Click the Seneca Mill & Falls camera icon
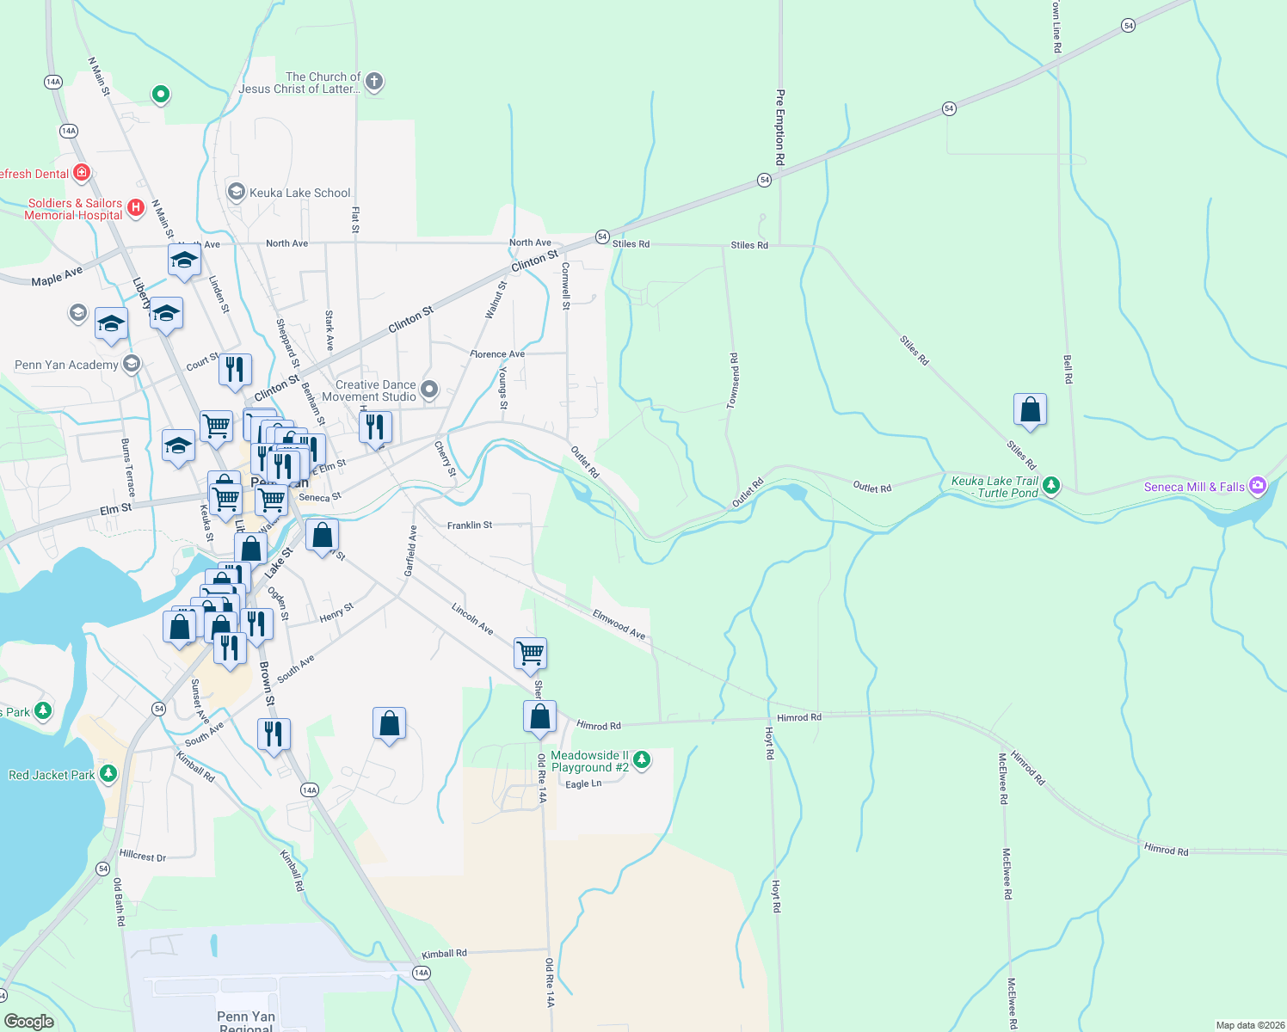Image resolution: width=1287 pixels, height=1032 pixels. point(1258,486)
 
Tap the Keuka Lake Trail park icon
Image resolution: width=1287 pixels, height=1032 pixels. point(1051,487)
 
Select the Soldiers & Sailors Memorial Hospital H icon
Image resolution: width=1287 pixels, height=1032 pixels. point(135,207)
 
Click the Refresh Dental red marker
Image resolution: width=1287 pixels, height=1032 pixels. point(82,173)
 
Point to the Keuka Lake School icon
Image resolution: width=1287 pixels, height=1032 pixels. point(236,192)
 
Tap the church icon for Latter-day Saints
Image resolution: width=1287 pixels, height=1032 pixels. point(373,82)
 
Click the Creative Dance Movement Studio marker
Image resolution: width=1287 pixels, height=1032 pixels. point(428,390)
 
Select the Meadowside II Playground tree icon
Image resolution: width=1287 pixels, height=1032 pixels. point(641,759)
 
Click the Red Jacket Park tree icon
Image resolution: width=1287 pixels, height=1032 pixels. point(108,774)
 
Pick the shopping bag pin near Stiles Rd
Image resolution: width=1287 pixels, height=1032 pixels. point(1030,410)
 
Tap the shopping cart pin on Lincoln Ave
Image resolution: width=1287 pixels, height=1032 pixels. point(530,654)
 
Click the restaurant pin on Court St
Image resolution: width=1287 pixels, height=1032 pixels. point(235,370)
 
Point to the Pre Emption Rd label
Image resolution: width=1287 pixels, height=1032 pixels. point(780,127)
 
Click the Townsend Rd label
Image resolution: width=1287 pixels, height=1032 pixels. point(733,381)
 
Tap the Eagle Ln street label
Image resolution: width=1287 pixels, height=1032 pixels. point(583,784)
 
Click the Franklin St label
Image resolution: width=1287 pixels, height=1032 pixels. point(470,525)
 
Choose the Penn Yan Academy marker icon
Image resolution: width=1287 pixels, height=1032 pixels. point(132,365)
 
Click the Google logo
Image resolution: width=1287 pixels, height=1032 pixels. point(29,1021)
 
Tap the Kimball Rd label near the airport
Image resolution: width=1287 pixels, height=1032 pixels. point(444,954)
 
